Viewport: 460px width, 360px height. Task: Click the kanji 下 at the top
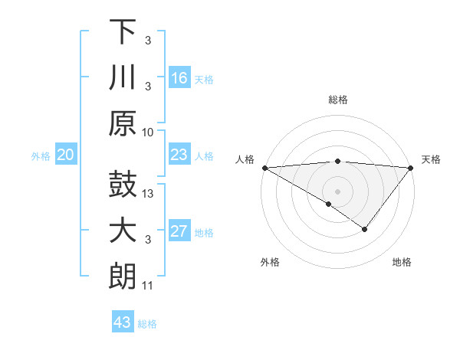pyautogui.click(x=123, y=32)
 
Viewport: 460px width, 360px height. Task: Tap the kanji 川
pyautogui.click(x=123, y=78)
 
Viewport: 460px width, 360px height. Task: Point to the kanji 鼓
pyautogui.click(x=123, y=185)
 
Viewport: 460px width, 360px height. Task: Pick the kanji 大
pyautogui.click(x=123, y=231)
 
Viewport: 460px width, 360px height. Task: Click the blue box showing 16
pyautogui.click(x=179, y=77)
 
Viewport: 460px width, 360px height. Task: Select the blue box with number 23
pyautogui.click(x=179, y=155)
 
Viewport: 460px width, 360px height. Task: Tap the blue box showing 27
pyautogui.click(x=179, y=232)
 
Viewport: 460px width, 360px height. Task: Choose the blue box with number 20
pyautogui.click(x=66, y=155)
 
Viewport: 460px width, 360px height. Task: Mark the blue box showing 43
pyautogui.click(x=123, y=322)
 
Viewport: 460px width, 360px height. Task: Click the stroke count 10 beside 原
pyautogui.click(x=148, y=132)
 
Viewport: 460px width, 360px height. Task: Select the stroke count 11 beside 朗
pyautogui.click(x=148, y=286)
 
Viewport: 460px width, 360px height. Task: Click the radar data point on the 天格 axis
pyautogui.click(x=411, y=168)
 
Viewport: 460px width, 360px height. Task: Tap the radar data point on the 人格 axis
pyautogui.click(x=264, y=168)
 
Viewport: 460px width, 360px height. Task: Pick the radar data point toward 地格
pyautogui.click(x=365, y=229)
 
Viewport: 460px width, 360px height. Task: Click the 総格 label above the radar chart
pyautogui.click(x=337, y=100)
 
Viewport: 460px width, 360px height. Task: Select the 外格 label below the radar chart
pyautogui.click(x=270, y=262)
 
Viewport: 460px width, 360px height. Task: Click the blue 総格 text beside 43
pyautogui.click(x=147, y=323)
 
